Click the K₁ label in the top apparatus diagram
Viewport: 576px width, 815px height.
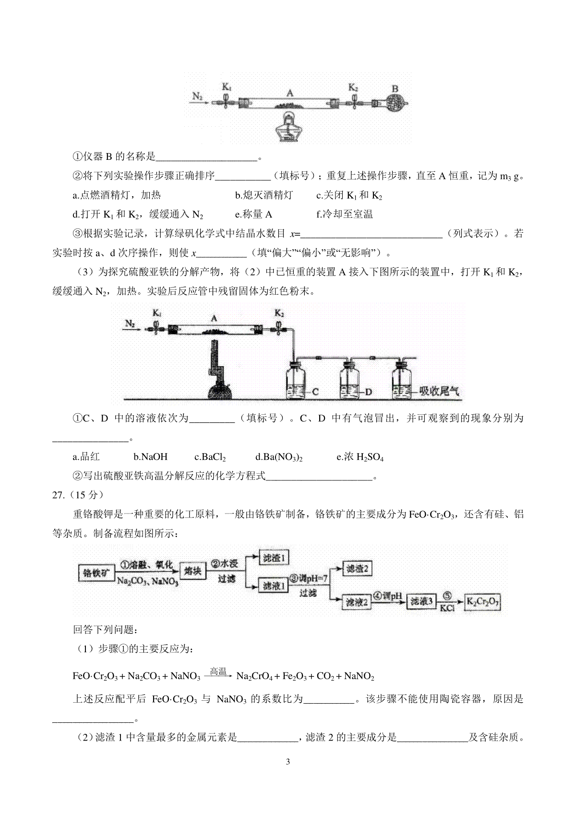[x=227, y=87]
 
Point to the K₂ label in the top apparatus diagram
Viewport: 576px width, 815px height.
[x=353, y=87]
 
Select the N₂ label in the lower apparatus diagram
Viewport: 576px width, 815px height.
[x=130, y=323]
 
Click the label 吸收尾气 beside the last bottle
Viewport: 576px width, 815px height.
[x=438, y=391]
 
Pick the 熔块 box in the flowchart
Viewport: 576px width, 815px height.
[x=193, y=571]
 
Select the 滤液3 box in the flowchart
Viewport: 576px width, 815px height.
[x=421, y=601]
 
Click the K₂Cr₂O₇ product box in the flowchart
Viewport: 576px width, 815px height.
[x=483, y=601]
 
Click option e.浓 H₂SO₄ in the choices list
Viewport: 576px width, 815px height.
[x=360, y=457]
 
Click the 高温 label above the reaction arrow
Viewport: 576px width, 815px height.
[x=218, y=671]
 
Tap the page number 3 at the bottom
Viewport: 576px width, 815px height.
[x=288, y=762]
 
